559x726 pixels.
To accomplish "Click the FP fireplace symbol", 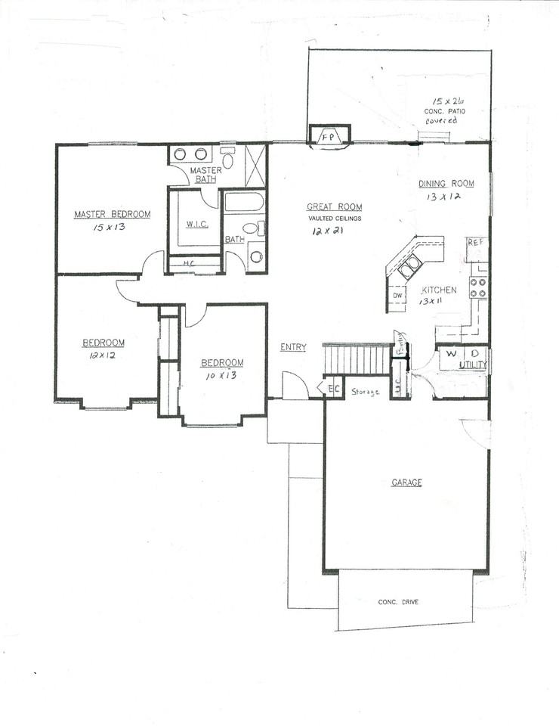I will point(329,137).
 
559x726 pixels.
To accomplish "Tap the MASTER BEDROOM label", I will point(112,214).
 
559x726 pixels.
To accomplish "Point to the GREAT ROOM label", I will point(334,206).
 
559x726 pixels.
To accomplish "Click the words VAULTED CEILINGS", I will point(334,219).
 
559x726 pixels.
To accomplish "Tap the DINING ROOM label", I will point(446,184).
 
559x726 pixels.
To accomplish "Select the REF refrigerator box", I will point(474,243).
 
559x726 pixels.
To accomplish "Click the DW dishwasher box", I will point(397,295).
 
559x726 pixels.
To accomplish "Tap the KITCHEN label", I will point(438,290).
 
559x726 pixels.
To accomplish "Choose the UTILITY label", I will point(473,365).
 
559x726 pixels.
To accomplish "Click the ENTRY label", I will point(293,348).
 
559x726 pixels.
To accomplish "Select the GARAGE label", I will point(406,482).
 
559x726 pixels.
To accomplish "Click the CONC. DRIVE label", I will point(398,602).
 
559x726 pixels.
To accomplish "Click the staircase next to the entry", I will point(355,358).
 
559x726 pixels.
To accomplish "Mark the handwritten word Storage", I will point(365,392).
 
